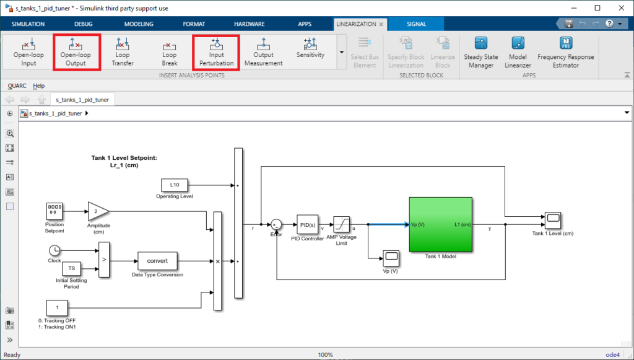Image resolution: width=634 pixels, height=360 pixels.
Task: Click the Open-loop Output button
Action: tap(76, 52)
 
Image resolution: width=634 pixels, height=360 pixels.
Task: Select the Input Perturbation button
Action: tap(216, 52)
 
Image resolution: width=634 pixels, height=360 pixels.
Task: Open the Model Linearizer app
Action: tap(518, 52)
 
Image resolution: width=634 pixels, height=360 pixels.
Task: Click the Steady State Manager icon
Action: tap(480, 43)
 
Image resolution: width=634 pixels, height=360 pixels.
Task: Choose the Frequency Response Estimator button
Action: tap(566, 52)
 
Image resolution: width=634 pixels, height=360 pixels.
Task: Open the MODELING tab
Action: tap(139, 24)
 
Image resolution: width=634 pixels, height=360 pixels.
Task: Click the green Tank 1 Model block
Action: tap(441, 224)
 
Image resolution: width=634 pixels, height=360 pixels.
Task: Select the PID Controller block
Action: tap(307, 224)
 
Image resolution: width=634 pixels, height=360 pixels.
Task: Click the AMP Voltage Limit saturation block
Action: tap(341, 224)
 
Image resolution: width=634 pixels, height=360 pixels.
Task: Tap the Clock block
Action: tap(54, 251)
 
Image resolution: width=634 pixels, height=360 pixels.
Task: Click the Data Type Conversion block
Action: tap(157, 261)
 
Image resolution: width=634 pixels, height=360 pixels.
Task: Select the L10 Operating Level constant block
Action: tap(174, 185)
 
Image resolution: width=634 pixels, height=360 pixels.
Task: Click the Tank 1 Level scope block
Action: tap(552, 221)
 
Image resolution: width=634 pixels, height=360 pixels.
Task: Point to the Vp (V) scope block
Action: tap(391, 258)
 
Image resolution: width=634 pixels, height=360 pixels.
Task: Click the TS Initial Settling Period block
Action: tap(72, 268)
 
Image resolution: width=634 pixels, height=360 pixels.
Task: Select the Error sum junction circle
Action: tap(276, 224)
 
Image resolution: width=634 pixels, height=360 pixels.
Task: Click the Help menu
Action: tap(39, 86)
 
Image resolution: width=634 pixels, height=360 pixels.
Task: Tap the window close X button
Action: tap(621, 7)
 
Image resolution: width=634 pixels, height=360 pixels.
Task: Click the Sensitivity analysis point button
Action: tap(310, 48)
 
